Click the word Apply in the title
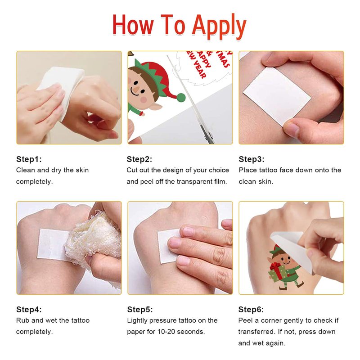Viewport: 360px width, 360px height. pos(219,27)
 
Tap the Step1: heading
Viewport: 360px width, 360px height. pos(29,159)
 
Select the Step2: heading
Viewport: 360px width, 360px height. pos(139,159)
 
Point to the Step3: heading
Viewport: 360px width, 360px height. pos(252,159)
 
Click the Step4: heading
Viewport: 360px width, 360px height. pos(29,310)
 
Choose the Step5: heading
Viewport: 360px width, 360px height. pos(140,310)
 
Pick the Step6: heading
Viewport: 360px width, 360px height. pos(251,310)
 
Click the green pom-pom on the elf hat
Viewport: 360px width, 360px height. pos(181,97)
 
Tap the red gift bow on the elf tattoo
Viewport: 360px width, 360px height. pos(275,266)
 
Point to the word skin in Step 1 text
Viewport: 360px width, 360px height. pos(82,170)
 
